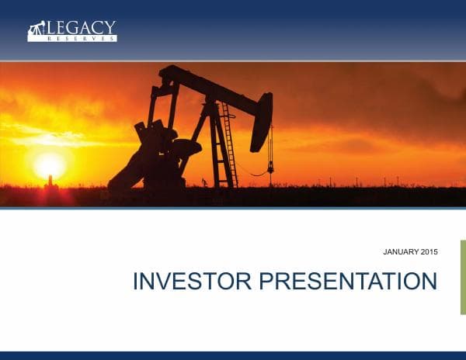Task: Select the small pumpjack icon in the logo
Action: pyautogui.click(x=35, y=31)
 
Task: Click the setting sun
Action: pyautogui.click(x=50, y=164)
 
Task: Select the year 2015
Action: pyautogui.click(x=429, y=253)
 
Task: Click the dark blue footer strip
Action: pyautogui.click(x=233, y=355)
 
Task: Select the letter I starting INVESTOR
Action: pyautogui.click(x=136, y=281)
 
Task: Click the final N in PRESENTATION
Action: pyautogui.click(x=428, y=281)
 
